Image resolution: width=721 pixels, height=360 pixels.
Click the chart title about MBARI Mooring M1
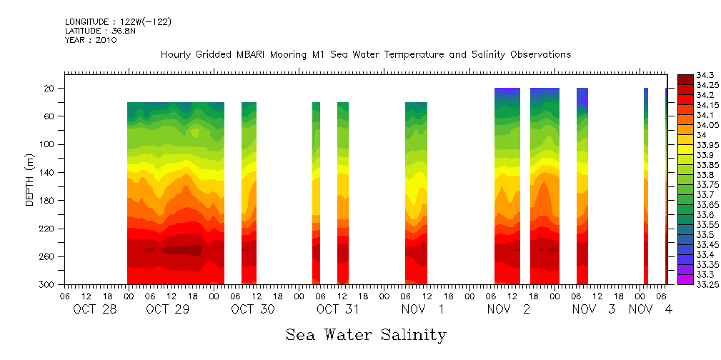(366, 55)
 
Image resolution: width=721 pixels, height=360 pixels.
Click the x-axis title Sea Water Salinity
(366, 335)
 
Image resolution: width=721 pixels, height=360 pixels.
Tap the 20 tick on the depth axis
(50, 89)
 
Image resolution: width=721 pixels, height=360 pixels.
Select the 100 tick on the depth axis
(48, 144)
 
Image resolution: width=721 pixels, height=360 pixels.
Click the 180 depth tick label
(48, 201)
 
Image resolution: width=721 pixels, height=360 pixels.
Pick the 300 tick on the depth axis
(48, 285)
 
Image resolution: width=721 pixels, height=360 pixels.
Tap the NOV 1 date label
(423, 309)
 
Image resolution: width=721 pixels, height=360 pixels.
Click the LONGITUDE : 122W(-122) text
(118, 21)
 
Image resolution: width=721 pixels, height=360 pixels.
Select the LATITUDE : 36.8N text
(99, 31)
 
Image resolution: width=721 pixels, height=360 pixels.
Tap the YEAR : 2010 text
(91, 40)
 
